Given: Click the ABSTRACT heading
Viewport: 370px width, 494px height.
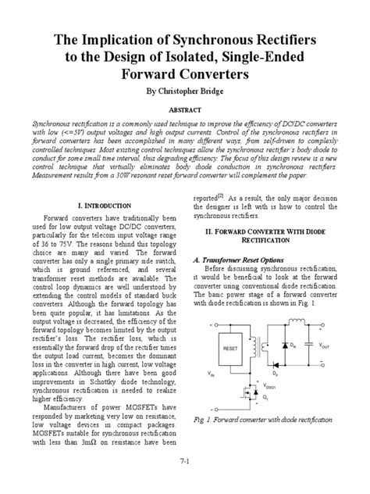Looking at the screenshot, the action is coord(185,110).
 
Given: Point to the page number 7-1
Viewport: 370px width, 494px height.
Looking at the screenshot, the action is coord(185,463).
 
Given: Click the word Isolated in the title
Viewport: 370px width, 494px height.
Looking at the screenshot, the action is coord(197,58).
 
